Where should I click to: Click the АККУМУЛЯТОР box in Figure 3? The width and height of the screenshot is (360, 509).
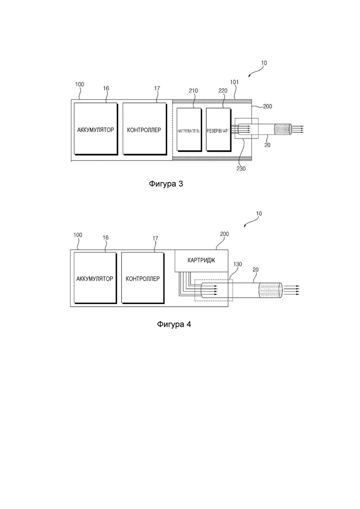point(96,129)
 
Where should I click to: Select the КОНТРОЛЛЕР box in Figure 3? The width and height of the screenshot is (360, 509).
point(144,129)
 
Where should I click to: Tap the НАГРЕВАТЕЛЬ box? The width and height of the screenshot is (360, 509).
point(189,129)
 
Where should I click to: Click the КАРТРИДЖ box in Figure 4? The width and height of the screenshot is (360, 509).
point(201,261)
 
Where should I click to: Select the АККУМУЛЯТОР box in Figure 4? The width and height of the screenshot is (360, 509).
point(95,278)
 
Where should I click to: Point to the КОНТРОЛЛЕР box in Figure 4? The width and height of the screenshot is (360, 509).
point(143,278)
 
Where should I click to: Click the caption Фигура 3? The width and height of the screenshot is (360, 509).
point(166,184)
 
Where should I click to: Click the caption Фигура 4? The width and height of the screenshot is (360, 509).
point(174,324)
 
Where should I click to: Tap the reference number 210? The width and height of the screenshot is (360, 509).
point(193,91)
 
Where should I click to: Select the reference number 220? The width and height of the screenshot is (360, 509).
point(222,91)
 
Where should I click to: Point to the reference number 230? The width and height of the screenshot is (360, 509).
point(241,168)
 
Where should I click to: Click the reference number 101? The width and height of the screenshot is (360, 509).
point(234,82)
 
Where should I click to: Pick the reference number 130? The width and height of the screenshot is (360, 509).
point(238,264)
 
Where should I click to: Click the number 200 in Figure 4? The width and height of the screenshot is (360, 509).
point(224,234)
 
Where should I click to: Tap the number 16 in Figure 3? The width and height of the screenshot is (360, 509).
point(106,88)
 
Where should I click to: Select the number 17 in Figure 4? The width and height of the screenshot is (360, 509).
point(155,238)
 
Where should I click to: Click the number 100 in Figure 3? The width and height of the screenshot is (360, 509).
point(79,84)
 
